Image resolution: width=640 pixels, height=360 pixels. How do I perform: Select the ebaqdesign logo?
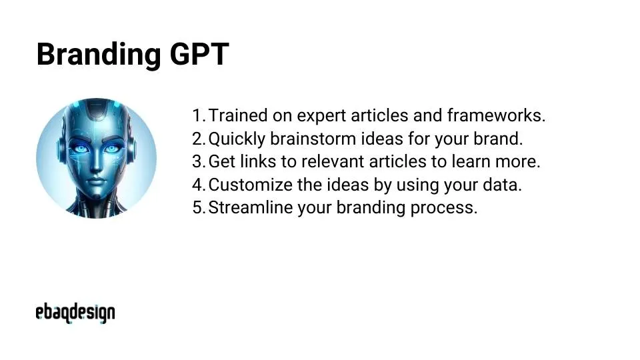[x=75, y=312]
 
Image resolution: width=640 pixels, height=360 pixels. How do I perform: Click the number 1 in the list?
[x=197, y=115]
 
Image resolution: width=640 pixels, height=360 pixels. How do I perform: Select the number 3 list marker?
[x=197, y=161]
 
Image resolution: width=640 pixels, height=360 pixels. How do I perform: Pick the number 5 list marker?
[x=197, y=207]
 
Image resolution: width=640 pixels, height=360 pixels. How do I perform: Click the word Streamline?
[x=251, y=207]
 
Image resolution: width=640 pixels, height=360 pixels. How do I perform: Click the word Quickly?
[x=237, y=139]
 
